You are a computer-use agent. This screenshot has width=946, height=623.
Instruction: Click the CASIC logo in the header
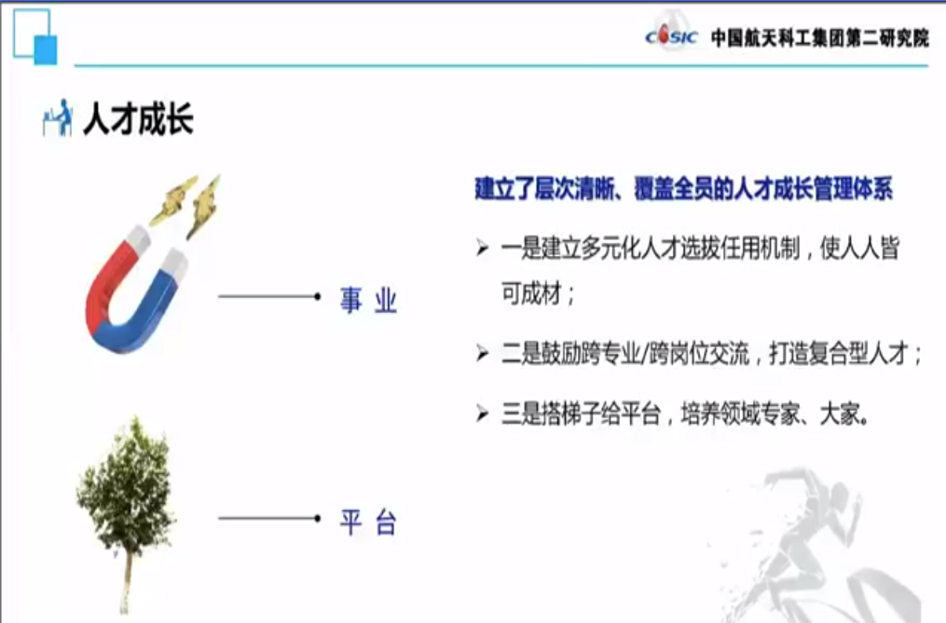671,35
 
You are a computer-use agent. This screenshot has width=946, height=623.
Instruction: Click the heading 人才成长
138,118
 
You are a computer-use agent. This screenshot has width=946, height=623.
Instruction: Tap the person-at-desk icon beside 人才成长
57,118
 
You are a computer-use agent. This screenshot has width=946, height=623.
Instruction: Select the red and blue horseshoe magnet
135,289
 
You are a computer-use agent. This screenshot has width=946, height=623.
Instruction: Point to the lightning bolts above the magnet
185,204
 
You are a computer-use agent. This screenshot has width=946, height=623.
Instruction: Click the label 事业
368,300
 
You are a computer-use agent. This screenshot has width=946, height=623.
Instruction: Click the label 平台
368,522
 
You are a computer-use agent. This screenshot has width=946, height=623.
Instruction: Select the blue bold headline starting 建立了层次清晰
683,189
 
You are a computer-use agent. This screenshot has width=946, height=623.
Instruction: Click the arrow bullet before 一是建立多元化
482,248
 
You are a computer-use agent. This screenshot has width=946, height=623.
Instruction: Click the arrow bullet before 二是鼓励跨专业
482,353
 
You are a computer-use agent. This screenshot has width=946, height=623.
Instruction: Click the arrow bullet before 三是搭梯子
482,413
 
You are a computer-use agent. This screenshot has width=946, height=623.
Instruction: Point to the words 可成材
531,293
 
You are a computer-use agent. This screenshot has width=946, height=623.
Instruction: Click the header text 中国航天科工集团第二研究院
820,37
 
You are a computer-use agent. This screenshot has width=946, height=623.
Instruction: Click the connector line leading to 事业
269,296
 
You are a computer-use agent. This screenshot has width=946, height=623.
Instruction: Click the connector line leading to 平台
269,518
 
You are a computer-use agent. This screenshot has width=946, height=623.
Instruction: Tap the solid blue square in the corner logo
46,50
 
